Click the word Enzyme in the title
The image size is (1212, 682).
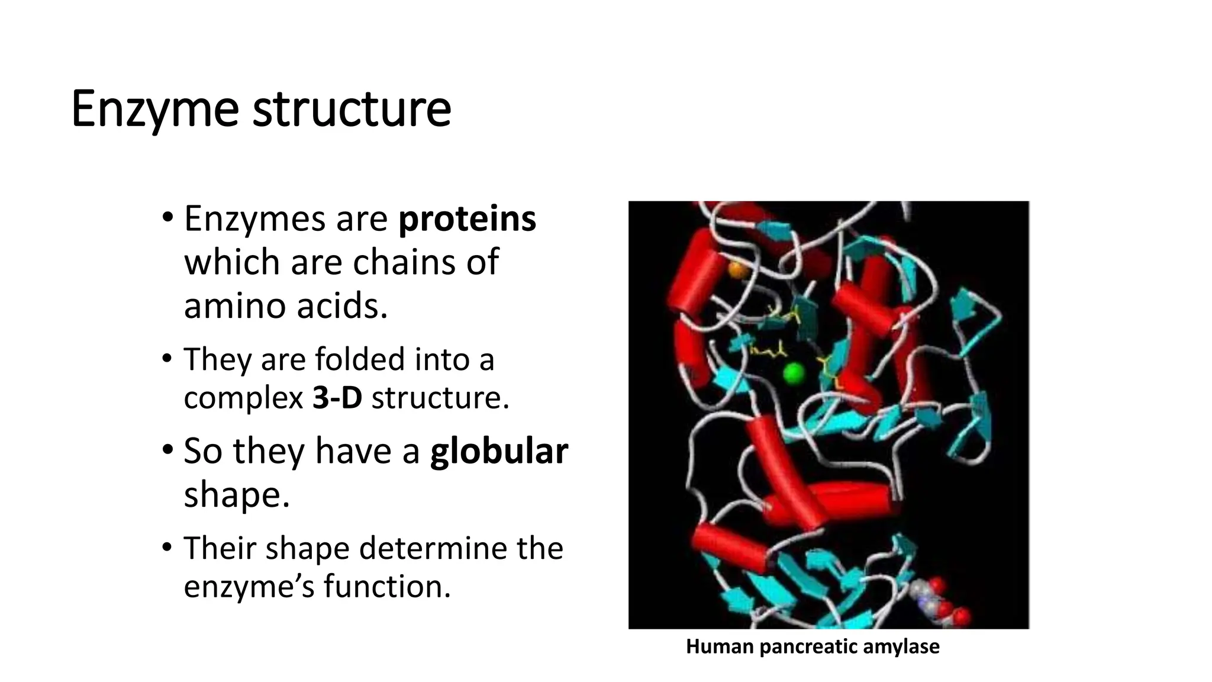155,110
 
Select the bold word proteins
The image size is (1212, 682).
467,219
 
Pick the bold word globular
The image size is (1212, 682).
498,451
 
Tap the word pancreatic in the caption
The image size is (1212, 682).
800,646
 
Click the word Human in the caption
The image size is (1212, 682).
719,646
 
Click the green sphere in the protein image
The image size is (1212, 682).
793,373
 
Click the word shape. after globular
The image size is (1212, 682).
237,495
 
